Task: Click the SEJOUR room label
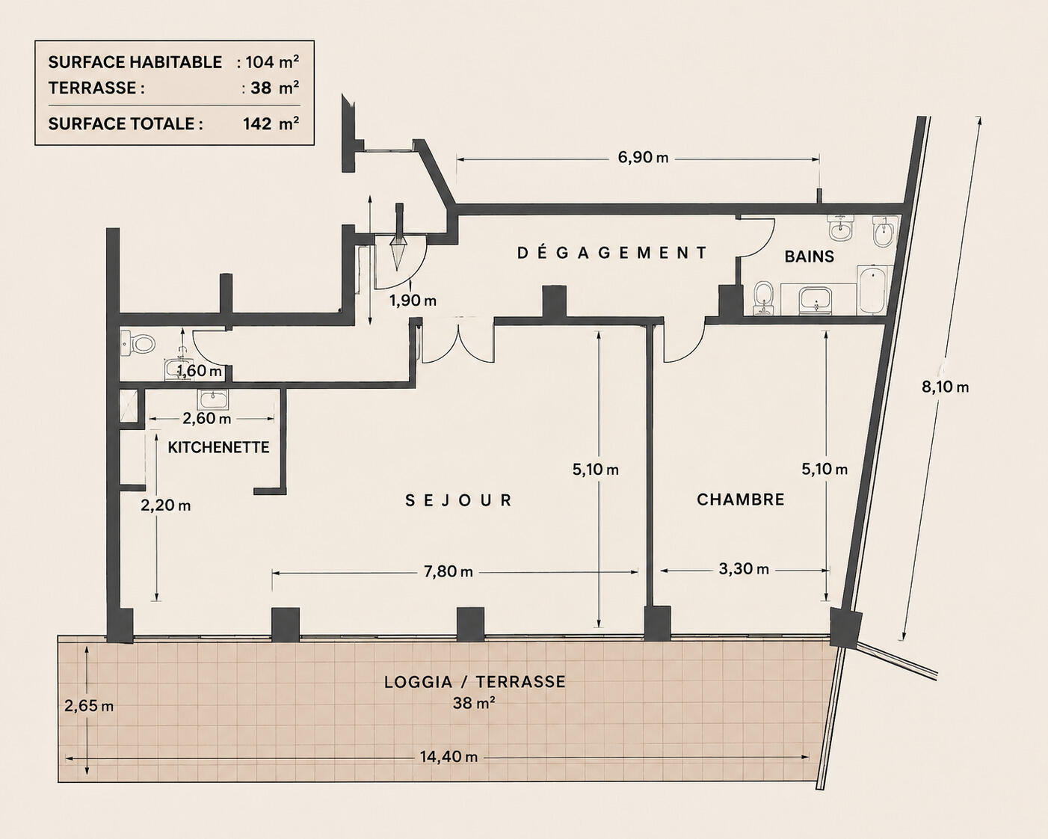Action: point(458,500)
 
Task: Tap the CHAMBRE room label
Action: point(740,500)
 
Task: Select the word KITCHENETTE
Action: point(218,447)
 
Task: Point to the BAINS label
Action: point(809,256)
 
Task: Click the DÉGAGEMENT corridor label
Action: point(611,253)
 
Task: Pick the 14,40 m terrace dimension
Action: point(449,757)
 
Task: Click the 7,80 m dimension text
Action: point(448,571)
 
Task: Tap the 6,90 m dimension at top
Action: point(643,158)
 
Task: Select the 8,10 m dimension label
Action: point(946,387)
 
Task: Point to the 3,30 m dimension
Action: point(744,568)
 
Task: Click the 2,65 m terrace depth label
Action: point(89,705)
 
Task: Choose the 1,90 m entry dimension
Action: point(413,301)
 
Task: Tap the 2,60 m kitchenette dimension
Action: point(206,419)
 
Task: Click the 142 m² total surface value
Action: point(271,123)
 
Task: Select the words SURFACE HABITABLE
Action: point(135,62)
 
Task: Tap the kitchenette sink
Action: point(213,399)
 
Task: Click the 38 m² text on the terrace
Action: point(474,703)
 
